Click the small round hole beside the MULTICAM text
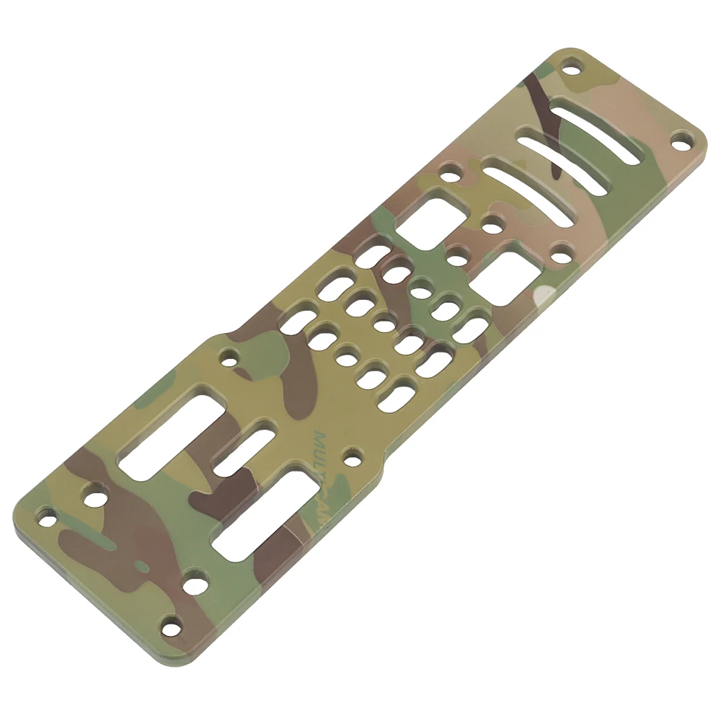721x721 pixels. [353, 455]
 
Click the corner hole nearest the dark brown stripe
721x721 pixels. [571, 71]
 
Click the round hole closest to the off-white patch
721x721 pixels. [561, 253]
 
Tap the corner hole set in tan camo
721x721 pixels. [681, 140]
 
